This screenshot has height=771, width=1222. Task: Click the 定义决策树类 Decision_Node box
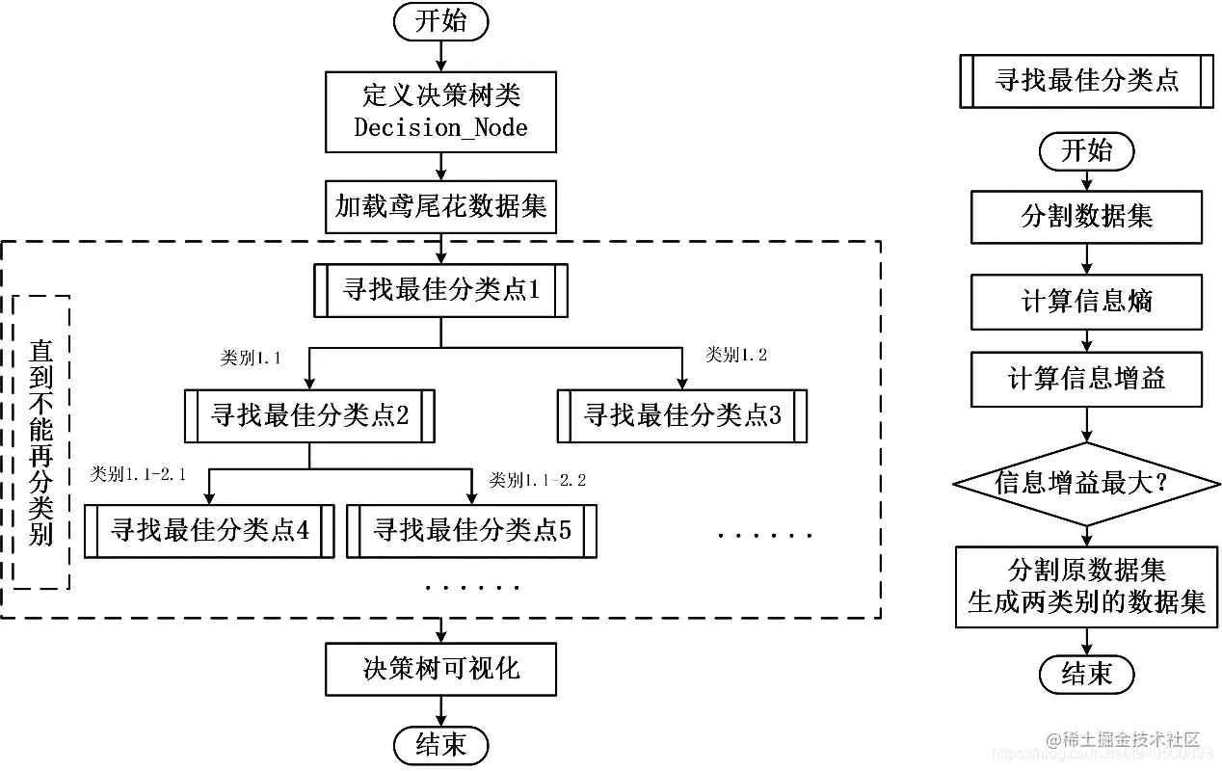point(440,112)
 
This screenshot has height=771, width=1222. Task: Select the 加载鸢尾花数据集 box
point(440,206)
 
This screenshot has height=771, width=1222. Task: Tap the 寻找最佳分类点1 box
point(440,290)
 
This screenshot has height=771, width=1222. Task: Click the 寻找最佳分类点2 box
point(309,415)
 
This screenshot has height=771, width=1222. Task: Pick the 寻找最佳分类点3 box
point(682,415)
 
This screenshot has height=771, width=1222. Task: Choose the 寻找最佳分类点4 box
point(209,530)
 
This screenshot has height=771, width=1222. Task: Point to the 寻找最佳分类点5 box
point(471,530)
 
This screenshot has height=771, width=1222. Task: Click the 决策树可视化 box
point(440,669)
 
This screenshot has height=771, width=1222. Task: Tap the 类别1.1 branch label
point(251,359)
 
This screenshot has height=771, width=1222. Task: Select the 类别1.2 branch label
point(736,355)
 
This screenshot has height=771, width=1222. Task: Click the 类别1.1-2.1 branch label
point(138,474)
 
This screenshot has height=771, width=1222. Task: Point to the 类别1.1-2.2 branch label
point(538,479)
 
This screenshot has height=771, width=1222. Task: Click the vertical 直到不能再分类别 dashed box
point(41,441)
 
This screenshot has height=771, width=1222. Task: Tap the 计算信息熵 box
point(1086,302)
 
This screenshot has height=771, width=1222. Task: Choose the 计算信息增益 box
point(1086,379)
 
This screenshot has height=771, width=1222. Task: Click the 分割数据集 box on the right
point(1086,217)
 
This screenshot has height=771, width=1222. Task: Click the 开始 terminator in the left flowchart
point(440,22)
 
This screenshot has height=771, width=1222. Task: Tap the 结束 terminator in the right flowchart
point(1086,674)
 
